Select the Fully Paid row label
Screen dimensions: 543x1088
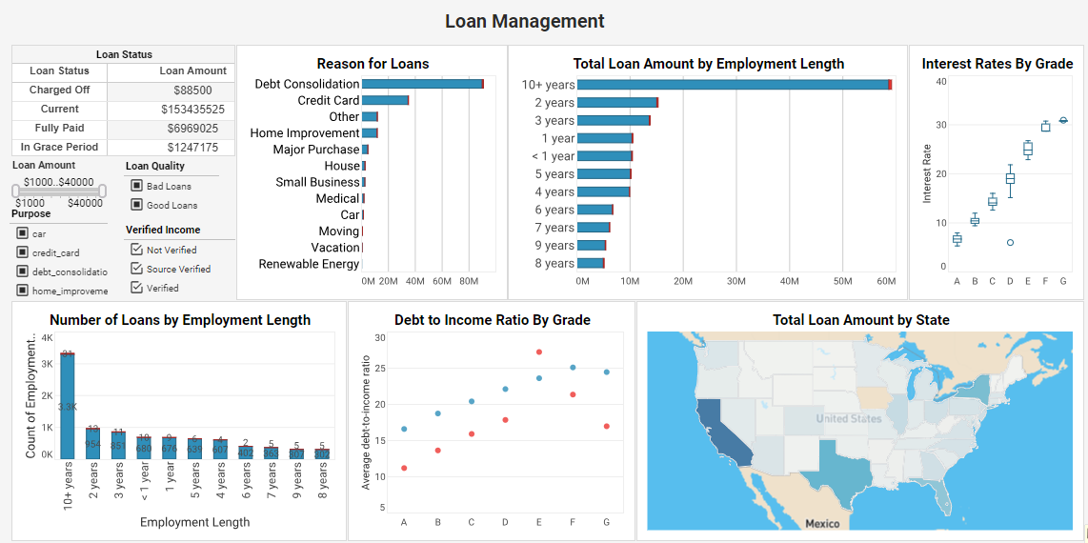pos(60,128)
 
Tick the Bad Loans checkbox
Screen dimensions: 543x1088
pos(137,186)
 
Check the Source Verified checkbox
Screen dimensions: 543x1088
pos(136,269)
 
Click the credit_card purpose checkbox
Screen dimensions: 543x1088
pos(22,252)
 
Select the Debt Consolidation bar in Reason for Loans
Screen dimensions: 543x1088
pos(423,84)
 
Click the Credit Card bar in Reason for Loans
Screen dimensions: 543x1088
pos(386,100)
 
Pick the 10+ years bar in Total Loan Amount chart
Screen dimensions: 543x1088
pos(734,85)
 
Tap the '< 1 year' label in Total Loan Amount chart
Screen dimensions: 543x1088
pos(553,156)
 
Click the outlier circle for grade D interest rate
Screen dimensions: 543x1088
pos(1010,243)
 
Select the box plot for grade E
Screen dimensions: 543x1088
pos(1028,149)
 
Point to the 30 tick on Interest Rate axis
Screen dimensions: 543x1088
pos(940,125)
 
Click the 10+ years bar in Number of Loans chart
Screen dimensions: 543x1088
pos(68,405)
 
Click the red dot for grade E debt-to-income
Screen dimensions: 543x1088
pos(539,352)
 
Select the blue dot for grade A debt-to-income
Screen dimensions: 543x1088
pos(404,429)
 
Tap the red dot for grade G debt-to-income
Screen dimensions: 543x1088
pos(607,426)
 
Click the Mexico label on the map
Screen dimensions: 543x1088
pos(822,523)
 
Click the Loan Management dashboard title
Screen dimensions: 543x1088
pos(524,21)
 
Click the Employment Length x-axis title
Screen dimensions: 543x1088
pos(194,522)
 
